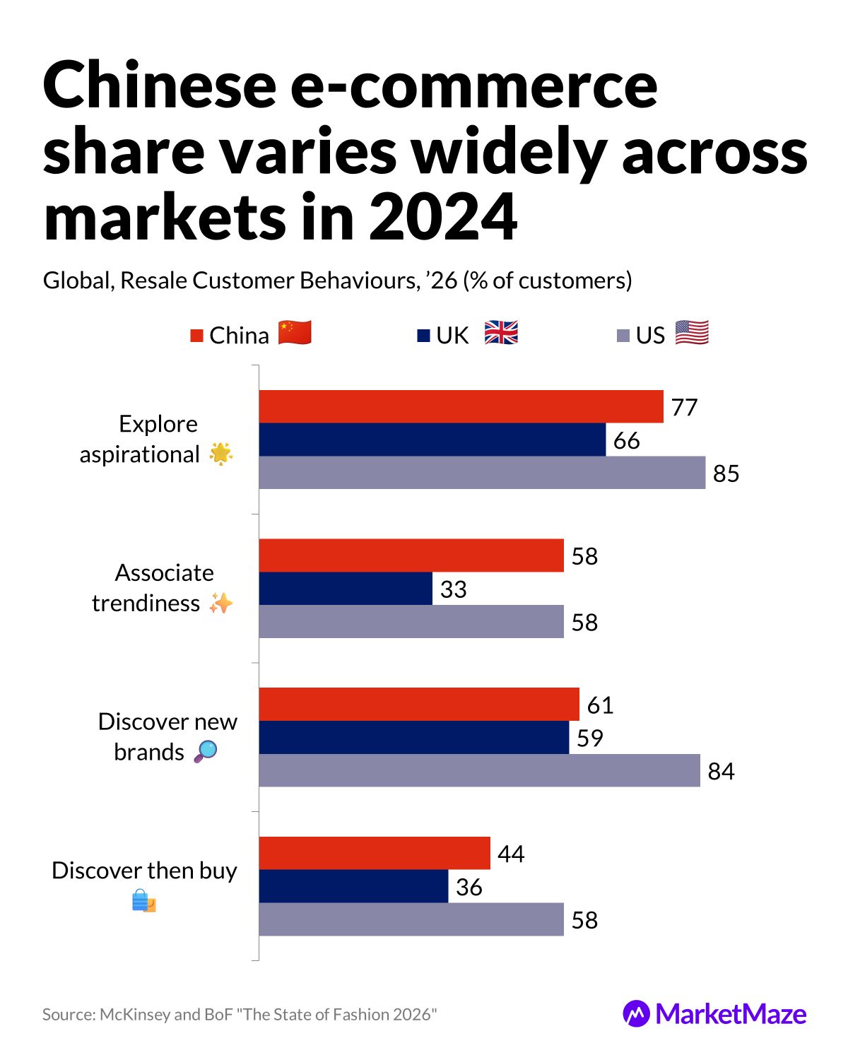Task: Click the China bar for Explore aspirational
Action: (461, 406)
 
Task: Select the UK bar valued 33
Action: (346, 589)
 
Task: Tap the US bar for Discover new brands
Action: (479, 770)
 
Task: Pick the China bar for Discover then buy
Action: (375, 853)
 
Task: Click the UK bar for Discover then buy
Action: (353, 886)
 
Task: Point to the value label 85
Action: (726, 473)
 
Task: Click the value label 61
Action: (600, 705)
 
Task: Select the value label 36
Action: (469, 887)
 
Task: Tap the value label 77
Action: (684, 408)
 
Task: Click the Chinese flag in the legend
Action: (295, 333)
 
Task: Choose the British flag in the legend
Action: (501, 333)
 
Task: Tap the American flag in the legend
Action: (692, 333)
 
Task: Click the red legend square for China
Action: (197, 336)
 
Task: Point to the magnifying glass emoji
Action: (206, 751)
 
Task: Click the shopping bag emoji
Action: (144, 901)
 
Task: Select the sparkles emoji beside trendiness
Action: (220, 603)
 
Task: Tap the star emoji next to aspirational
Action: (221, 454)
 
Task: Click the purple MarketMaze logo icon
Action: (636, 1013)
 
